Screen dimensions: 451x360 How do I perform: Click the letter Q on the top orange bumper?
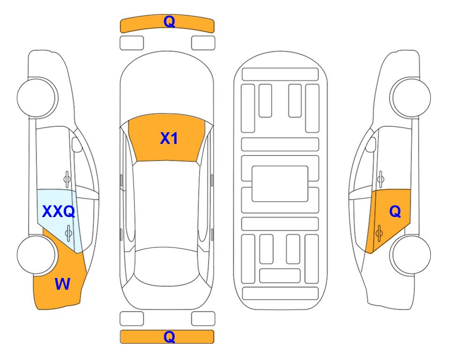tap(169, 22)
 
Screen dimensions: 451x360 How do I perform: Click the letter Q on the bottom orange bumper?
tap(169, 337)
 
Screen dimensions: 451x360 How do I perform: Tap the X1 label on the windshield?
tap(169, 138)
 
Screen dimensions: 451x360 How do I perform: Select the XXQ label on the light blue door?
tap(59, 211)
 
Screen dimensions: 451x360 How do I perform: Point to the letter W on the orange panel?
tap(62, 284)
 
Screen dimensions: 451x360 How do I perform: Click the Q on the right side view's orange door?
tap(395, 211)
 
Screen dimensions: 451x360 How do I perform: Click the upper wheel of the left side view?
tap(37, 98)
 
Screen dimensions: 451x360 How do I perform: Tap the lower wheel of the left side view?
tap(37, 255)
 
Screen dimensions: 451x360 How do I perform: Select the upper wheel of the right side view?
tap(410, 98)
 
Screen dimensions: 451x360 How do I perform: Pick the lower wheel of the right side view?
tap(410, 255)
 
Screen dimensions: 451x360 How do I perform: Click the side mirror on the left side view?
tap(77, 144)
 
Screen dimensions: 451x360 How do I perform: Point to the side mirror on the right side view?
tap(371, 144)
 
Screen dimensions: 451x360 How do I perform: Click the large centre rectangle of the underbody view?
tap(280, 184)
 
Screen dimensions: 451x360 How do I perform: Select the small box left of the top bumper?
tap(132, 43)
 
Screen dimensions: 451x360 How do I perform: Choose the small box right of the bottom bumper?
tap(203, 319)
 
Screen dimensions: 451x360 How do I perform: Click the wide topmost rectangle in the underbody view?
tap(280, 75)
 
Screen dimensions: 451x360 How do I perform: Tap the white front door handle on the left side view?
tap(67, 180)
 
